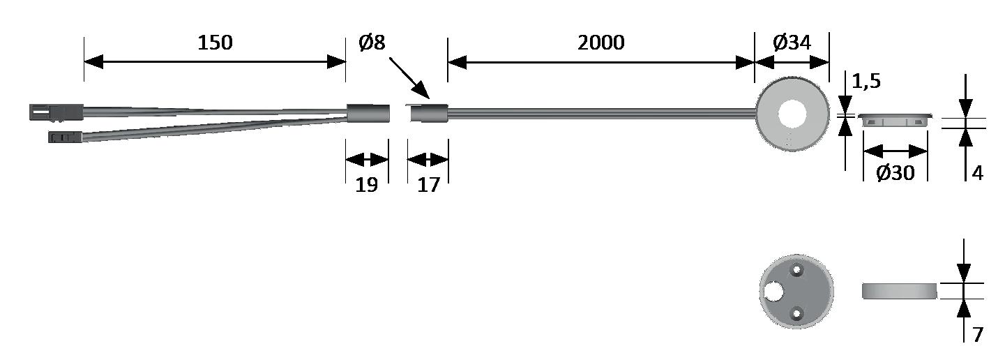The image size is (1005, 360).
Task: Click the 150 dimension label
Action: [x=214, y=43]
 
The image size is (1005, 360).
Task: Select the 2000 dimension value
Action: [x=600, y=43]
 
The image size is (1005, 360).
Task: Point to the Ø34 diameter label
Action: [x=792, y=43]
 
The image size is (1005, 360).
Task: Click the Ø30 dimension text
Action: [x=895, y=173]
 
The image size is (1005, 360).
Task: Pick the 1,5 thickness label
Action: [x=866, y=82]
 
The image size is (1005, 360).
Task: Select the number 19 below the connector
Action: [x=367, y=186]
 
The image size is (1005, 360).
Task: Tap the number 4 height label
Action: [x=977, y=173]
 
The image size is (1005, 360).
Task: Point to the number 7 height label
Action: [x=977, y=335]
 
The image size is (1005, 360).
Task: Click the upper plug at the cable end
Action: [x=56, y=112]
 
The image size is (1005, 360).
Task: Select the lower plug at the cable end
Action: [x=65, y=136]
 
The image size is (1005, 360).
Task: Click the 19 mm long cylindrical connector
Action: [x=368, y=113]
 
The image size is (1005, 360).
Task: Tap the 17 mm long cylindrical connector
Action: [x=427, y=113]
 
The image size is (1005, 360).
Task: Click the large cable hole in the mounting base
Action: [x=773, y=291]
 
